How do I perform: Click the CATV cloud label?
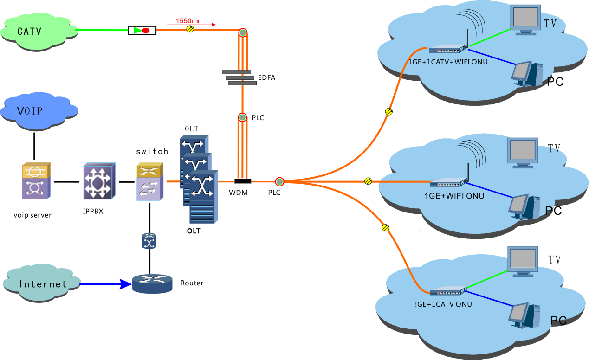pyautogui.click(x=29, y=32)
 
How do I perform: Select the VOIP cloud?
pyautogui.click(x=39, y=111)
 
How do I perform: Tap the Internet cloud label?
pyautogui.click(x=43, y=284)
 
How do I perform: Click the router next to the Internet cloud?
pyautogui.click(x=152, y=283)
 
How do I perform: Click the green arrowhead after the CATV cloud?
pyautogui.click(x=137, y=31)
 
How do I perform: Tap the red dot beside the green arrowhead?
pyautogui.click(x=146, y=31)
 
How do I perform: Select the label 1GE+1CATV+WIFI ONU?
pyautogui.click(x=448, y=62)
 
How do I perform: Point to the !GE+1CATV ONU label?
pyautogui.click(x=443, y=304)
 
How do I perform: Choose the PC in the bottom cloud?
pyautogui.click(x=524, y=315)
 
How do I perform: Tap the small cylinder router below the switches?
pyautogui.click(x=149, y=241)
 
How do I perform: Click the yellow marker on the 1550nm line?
pyautogui.click(x=190, y=29)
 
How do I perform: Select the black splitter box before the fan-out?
pyautogui.click(x=242, y=181)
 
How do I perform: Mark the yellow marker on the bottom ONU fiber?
pyautogui.click(x=385, y=228)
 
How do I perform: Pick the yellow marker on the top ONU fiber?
pyautogui.click(x=389, y=111)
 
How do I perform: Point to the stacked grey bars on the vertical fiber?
pyautogui.click(x=239, y=77)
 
